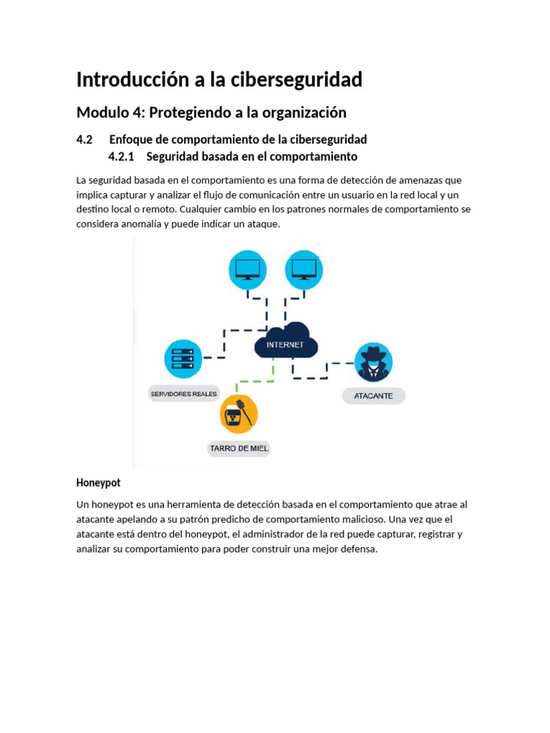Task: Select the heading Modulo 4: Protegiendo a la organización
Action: tap(211, 112)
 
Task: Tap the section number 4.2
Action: tap(85, 139)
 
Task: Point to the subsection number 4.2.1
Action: tap(121, 156)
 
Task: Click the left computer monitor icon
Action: tap(248, 270)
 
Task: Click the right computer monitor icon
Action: tap(304, 270)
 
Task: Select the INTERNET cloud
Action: tap(285, 342)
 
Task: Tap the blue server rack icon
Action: tap(183, 359)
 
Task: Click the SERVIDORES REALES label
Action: tap(184, 394)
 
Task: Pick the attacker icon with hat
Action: tap(373, 362)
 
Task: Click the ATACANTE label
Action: tap(373, 395)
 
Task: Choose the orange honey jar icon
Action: tap(238, 414)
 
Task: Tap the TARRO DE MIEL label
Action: tap(239, 449)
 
